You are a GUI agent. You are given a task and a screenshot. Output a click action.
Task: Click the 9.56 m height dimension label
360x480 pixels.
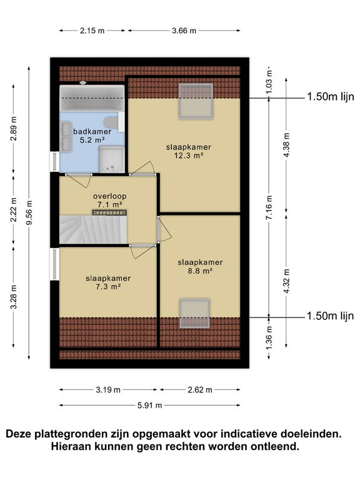29,212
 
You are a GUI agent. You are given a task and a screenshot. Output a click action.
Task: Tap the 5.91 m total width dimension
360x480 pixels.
150,406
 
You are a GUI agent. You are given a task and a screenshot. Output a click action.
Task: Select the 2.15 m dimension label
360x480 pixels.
92,31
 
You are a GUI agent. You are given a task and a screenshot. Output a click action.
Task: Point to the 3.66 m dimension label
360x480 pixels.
184,31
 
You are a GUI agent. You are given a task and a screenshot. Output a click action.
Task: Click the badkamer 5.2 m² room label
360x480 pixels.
92,136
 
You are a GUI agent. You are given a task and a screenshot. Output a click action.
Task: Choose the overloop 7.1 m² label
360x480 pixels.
109,200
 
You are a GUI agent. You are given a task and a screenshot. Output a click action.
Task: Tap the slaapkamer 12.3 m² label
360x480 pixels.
189,151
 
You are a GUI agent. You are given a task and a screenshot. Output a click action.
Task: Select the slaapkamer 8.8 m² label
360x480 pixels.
200,266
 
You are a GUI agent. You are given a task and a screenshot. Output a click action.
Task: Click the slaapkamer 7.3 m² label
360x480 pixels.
108,282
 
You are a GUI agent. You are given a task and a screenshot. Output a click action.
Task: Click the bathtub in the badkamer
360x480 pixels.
92,98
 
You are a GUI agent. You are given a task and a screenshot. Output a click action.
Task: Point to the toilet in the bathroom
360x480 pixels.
110,122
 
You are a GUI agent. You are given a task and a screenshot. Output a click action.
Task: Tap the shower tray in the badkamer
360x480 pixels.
111,159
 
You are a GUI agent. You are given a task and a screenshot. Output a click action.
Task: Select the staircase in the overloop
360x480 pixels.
93,229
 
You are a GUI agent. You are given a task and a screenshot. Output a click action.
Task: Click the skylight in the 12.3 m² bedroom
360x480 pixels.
196,101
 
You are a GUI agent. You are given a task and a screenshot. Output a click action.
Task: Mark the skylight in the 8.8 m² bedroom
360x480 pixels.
195,314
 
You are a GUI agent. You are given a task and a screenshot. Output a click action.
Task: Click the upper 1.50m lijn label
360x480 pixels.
331,97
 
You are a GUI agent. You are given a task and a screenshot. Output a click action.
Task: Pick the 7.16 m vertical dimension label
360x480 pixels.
269,207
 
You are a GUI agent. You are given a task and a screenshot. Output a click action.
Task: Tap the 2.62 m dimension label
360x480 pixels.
200,390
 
